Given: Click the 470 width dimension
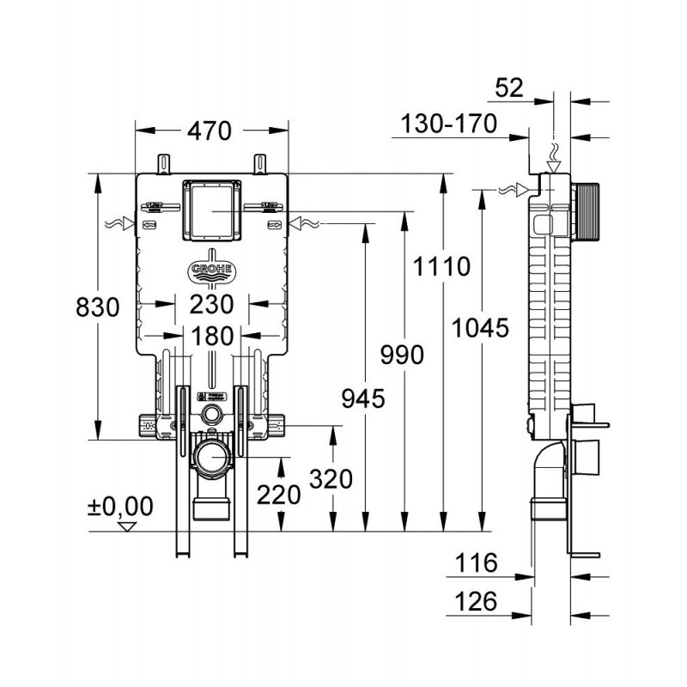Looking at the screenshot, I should coord(210,131).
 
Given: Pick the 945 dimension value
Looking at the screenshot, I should coord(362,398).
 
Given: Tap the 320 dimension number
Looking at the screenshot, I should coord(331,479).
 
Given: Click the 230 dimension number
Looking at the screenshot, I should coord(212,304).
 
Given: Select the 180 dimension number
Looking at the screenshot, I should coord(211,336).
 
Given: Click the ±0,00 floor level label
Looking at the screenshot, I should coord(120,507).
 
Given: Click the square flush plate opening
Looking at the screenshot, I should coord(211,210).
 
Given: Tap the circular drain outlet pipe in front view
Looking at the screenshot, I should coord(210,458).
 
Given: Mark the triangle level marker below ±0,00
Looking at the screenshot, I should coord(130,526).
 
